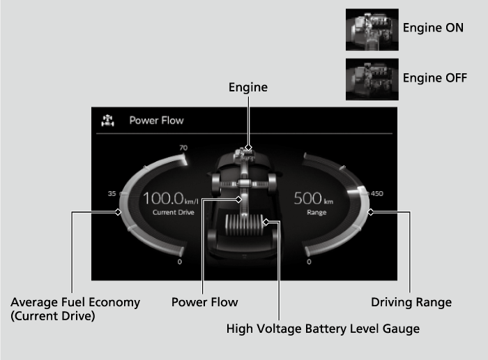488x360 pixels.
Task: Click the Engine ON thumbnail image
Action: [x=372, y=29]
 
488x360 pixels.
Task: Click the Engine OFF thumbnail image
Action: [x=372, y=79]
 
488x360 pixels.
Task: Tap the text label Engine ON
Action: [x=433, y=28]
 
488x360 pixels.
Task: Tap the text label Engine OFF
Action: [x=434, y=77]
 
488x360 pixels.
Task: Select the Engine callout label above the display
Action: [x=248, y=87]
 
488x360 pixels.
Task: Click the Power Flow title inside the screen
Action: [x=156, y=120]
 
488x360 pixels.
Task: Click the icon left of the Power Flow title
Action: [x=107, y=120]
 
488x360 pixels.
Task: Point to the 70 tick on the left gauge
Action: [x=183, y=148]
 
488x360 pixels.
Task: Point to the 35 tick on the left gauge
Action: [x=112, y=194]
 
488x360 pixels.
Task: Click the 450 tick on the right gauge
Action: [x=377, y=194]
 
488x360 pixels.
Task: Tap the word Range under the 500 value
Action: [x=317, y=211]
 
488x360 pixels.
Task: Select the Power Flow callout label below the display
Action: [x=204, y=302]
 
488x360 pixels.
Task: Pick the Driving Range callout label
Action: [x=411, y=302]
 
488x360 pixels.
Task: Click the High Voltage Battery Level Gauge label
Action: [x=323, y=328]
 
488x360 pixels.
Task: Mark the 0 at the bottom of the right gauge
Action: [x=309, y=262]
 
